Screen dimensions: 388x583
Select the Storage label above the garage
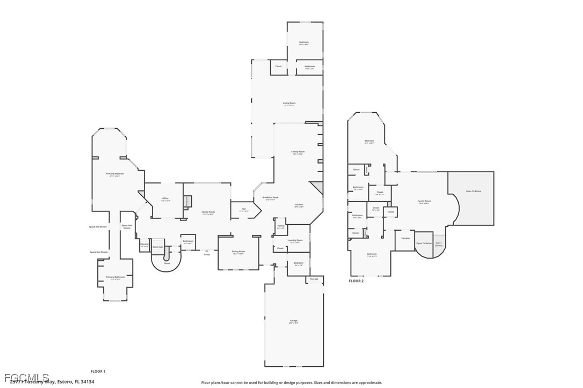tap(314, 279)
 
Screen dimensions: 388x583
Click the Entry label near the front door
tap(207, 254)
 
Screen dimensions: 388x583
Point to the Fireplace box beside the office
tap(187, 201)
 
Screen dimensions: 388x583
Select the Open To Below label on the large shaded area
tap(473, 191)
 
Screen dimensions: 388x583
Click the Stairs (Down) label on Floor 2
tap(439, 244)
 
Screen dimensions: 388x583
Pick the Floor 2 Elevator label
tap(405, 238)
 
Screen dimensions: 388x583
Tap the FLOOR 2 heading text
tap(356, 281)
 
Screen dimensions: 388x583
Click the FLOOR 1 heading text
tap(98, 371)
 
